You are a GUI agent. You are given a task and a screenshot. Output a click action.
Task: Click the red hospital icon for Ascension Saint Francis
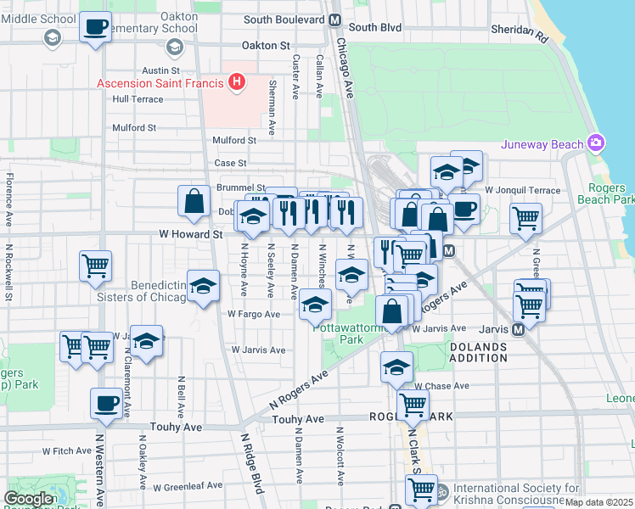[x=238, y=82]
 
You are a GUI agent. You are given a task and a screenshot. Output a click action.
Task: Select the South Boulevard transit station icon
[x=335, y=20]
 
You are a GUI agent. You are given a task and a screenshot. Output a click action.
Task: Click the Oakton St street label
[x=266, y=45]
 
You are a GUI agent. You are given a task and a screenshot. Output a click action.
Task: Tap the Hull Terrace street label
[x=137, y=99]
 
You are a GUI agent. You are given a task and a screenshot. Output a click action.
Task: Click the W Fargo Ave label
[x=253, y=314]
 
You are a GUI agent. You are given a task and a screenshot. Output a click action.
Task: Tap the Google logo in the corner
[x=28, y=499]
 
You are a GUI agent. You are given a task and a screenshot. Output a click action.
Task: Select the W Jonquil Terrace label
[x=523, y=190]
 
